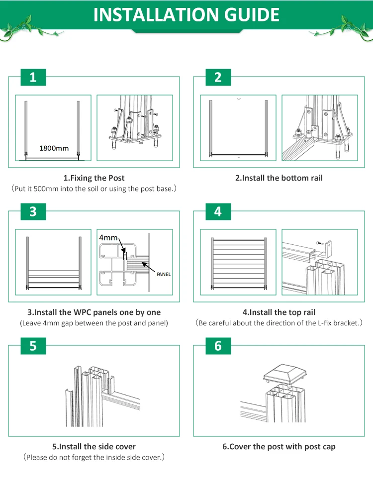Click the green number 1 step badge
click(x=33, y=77)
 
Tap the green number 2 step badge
click(x=218, y=77)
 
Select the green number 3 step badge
click(x=33, y=211)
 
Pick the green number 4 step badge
click(x=218, y=211)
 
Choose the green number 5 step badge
click(x=33, y=346)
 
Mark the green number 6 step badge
click(x=218, y=346)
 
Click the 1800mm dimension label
click(x=54, y=148)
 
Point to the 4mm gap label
click(x=109, y=237)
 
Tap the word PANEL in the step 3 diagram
click(x=164, y=274)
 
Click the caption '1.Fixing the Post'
click(x=94, y=178)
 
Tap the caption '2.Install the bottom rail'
click(x=279, y=178)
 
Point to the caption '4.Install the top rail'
click(x=279, y=312)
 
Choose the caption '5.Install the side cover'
click(x=94, y=447)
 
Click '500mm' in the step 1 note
click(x=46, y=189)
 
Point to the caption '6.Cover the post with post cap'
click(x=279, y=447)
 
